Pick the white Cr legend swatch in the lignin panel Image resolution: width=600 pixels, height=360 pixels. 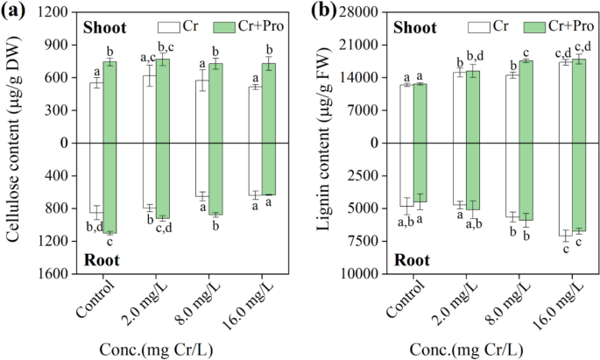[478, 26]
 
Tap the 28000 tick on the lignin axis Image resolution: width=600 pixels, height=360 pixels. [349, 12]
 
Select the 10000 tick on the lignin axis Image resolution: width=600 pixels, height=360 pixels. [349, 273]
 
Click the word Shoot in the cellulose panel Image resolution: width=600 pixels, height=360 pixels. [104, 27]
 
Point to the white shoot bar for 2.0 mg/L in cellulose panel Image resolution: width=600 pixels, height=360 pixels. [150, 109]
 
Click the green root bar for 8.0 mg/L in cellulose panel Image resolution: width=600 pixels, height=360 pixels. [215, 179]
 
